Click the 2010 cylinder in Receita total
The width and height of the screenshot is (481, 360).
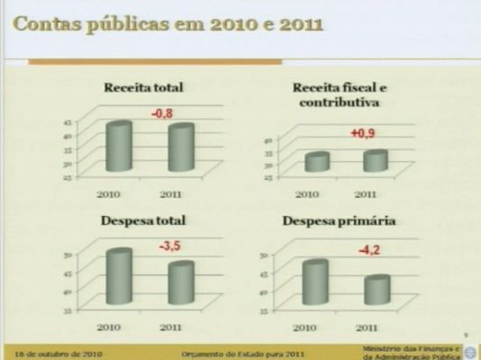119,145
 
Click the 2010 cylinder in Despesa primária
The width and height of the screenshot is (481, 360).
314,283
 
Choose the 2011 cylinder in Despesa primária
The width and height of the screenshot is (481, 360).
377,291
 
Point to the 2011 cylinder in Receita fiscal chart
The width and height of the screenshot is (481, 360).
377,161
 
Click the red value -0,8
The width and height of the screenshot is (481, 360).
162,113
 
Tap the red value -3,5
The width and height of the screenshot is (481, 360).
170,245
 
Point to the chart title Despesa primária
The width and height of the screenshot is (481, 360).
339,220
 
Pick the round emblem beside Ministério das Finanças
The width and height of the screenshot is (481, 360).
472,352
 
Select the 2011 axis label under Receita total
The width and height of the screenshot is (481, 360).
171,193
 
